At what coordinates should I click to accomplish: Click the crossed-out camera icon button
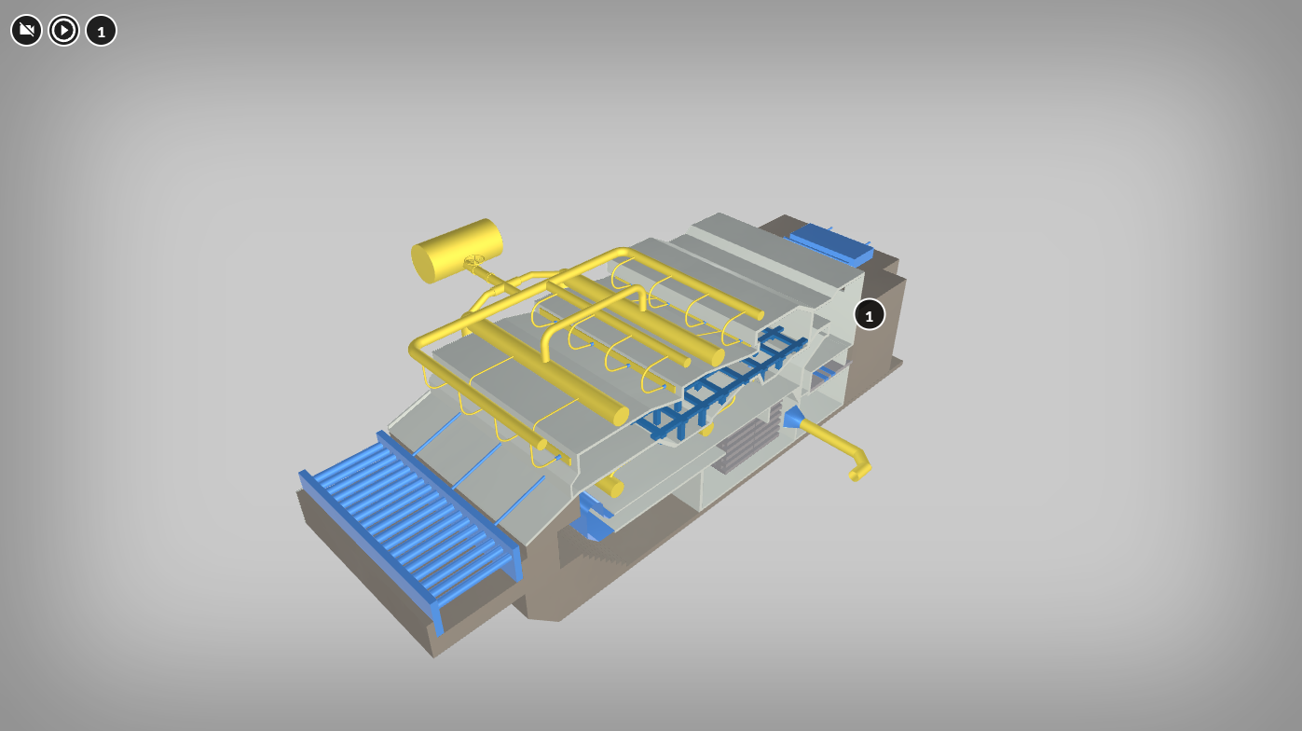(x=26, y=30)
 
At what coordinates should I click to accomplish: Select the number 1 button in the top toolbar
(x=102, y=30)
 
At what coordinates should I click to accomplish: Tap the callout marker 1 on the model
(x=869, y=314)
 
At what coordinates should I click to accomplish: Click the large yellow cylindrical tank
(x=457, y=251)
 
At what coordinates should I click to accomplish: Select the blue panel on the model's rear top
(x=830, y=242)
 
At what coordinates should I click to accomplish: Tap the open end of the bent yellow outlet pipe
(x=855, y=476)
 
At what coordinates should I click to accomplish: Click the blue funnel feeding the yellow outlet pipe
(x=793, y=418)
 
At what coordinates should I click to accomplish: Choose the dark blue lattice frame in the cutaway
(x=727, y=384)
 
